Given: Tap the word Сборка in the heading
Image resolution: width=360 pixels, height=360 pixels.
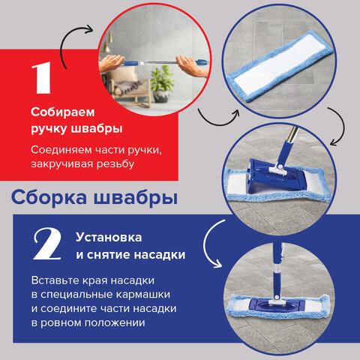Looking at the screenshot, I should [x=51, y=199].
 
